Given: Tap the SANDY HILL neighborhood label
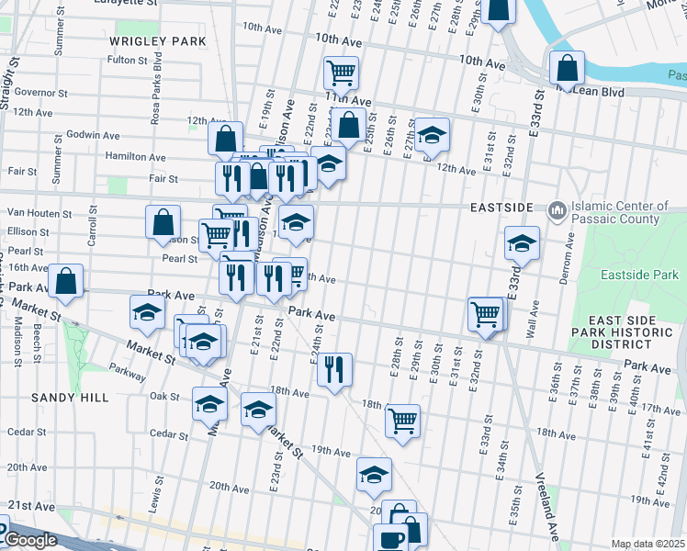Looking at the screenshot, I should click(70, 398).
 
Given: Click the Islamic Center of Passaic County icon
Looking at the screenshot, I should click(557, 212).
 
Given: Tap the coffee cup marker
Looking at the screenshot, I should click(390, 537).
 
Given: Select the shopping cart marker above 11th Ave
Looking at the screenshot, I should click(341, 72).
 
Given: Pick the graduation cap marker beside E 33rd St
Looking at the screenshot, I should click(522, 243).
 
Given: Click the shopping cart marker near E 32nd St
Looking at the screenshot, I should click(485, 314).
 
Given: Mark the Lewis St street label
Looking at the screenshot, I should click(157, 501).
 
